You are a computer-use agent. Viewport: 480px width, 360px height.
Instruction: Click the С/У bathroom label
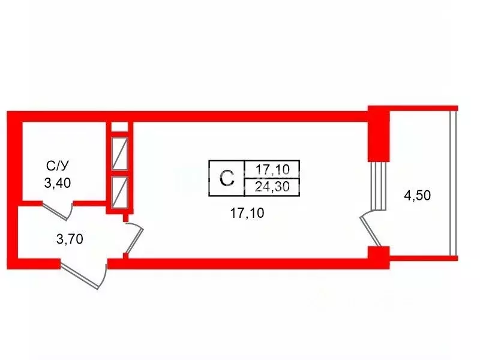click(x=57, y=166)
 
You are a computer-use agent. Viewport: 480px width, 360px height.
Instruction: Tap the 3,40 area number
click(x=58, y=183)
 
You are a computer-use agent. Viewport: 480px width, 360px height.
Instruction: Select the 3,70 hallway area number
click(x=70, y=239)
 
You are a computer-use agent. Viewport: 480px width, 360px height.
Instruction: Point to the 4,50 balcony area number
click(x=418, y=196)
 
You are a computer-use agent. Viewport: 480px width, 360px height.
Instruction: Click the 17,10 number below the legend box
click(x=247, y=213)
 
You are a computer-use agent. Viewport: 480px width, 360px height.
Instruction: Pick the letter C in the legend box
click(x=227, y=178)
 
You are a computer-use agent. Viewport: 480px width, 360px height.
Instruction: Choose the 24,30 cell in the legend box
click(x=272, y=187)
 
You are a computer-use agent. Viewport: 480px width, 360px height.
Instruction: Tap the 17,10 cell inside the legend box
click(x=272, y=169)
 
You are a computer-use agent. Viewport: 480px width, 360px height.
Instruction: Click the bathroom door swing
click(x=58, y=211)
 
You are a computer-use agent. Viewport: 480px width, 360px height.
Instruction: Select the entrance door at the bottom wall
click(x=84, y=274)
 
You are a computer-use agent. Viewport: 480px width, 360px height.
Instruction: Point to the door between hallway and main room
click(x=134, y=238)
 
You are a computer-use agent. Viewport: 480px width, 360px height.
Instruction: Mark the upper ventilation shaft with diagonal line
click(x=119, y=154)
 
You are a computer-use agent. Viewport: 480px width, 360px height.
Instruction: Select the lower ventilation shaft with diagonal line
click(x=119, y=193)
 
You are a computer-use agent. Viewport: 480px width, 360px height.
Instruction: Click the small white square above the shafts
click(x=119, y=127)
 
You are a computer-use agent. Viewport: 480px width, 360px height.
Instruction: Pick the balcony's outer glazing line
click(x=453, y=183)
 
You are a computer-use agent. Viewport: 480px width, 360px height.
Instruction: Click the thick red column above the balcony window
click(x=379, y=134)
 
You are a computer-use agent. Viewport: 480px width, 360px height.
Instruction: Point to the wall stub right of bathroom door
click(x=89, y=203)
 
